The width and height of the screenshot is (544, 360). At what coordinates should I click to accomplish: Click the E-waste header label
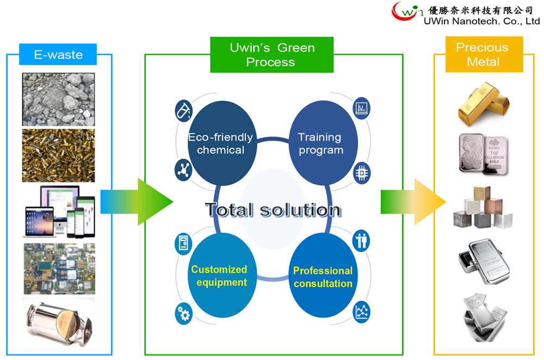58,54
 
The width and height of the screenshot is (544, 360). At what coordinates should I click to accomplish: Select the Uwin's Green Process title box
271,55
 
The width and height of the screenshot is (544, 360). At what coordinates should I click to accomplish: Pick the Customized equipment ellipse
220,276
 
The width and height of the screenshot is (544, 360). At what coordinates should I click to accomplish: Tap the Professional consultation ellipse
323,277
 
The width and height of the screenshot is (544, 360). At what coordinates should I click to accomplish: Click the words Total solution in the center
273,210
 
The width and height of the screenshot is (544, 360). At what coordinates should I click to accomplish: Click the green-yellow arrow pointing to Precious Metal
413,201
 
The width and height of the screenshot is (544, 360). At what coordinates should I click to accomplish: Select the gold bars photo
483,105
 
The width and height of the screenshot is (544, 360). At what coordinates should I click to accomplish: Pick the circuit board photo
59,268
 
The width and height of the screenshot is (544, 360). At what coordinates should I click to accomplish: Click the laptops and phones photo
59,212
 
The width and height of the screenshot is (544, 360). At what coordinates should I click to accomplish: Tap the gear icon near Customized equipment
183,313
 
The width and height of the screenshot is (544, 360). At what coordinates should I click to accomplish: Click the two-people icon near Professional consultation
361,240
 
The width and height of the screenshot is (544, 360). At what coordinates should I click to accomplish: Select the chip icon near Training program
362,172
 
